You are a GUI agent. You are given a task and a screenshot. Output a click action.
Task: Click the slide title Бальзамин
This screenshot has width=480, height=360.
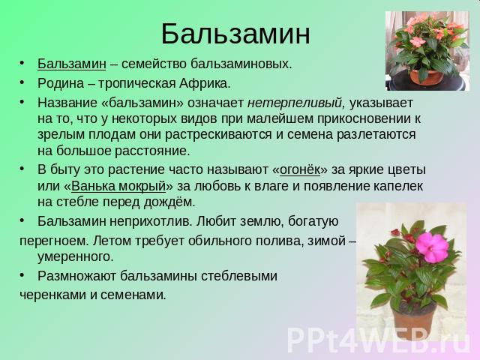235,34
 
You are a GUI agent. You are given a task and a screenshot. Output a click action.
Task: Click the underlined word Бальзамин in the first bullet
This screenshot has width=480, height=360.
72,64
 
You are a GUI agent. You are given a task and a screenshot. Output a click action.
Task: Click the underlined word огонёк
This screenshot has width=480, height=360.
300,169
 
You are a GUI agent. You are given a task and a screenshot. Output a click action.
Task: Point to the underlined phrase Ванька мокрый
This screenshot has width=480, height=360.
118,186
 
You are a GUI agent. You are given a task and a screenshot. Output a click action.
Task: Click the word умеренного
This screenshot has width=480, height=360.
75,256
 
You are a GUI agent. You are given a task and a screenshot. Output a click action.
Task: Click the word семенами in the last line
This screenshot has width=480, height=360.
133,295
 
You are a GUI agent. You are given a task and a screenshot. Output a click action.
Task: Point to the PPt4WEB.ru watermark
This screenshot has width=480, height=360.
379,340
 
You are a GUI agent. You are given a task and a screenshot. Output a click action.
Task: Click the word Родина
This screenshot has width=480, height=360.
61,83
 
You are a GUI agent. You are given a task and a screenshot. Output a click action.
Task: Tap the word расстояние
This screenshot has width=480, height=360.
153,151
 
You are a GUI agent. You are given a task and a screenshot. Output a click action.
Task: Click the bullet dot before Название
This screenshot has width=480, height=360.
22,102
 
